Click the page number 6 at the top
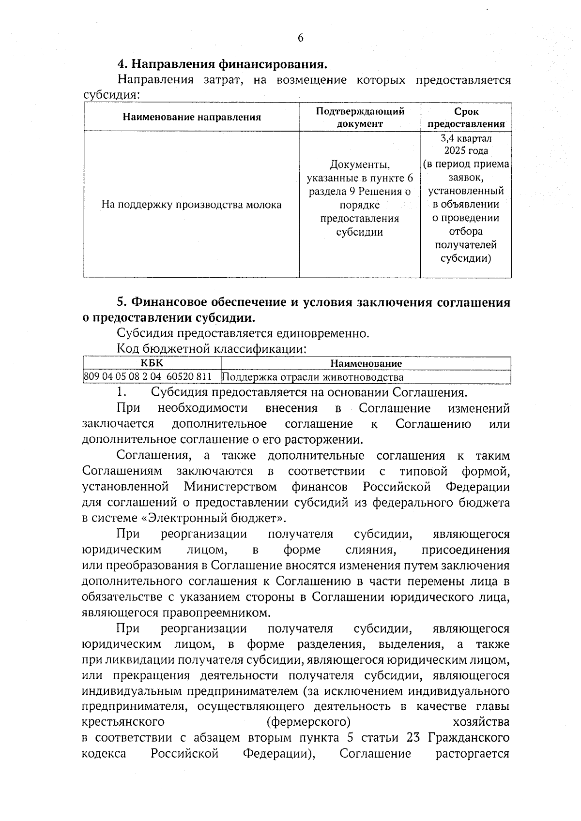300,38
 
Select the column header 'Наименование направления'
192,117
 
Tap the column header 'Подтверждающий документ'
360,117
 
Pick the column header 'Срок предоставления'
466,117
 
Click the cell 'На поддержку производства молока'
192,205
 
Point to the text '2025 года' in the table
466,151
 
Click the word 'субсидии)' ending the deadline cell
466,258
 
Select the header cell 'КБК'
152,363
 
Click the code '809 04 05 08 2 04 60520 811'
148,377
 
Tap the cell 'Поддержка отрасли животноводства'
312,377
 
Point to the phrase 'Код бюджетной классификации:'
212,349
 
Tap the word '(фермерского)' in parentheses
309,722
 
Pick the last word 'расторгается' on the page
473,754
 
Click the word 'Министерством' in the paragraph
230,486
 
